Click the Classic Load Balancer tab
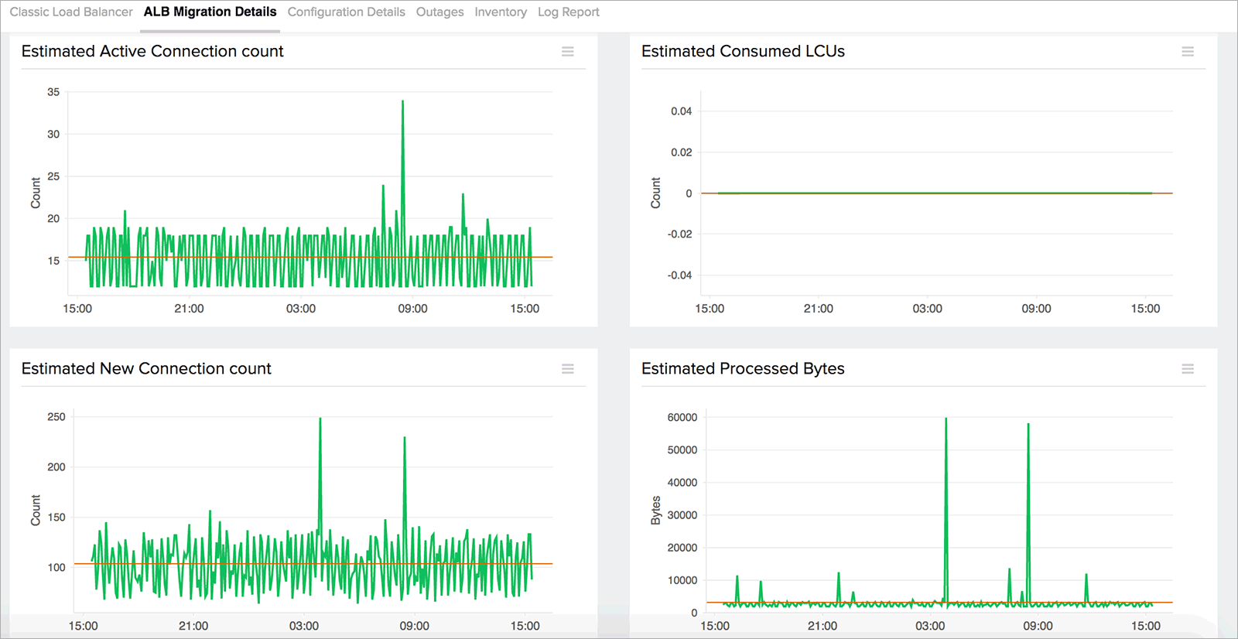[71, 12]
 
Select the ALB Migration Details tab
[210, 12]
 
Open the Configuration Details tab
[346, 12]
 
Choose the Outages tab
[439, 12]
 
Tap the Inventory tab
[501, 12]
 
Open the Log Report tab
[568, 12]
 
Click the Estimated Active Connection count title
[152, 51]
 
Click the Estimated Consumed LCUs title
[743, 51]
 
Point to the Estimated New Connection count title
[146, 368]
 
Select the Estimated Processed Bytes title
[743, 368]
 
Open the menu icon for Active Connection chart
[568, 51]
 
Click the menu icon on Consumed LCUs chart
[1188, 51]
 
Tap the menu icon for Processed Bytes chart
[1188, 369]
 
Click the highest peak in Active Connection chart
[402, 102]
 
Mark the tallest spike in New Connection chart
[320, 420]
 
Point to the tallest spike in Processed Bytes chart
[946, 420]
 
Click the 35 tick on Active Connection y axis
[53, 92]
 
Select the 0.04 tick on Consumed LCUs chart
[681, 111]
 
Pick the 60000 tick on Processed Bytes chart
[682, 417]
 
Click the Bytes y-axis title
[656, 511]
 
